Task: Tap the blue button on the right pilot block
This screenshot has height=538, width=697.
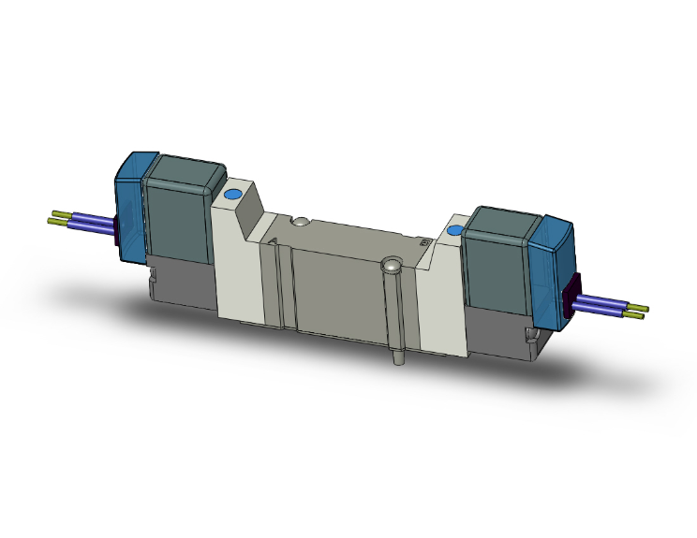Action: pyautogui.click(x=455, y=230)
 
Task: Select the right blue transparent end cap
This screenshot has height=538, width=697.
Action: pyautogui.click(x=552, y=271)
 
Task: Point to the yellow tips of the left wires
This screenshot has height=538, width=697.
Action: pyautogui.click(x=58, y=219)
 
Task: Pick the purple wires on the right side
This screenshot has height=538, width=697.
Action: pyautogui.click(x=604, y=305)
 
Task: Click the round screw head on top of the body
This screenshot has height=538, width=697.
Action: pyautogui.click(x=299, y=223)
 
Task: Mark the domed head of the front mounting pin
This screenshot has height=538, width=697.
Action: pyautogui.click(x=392, y=268)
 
